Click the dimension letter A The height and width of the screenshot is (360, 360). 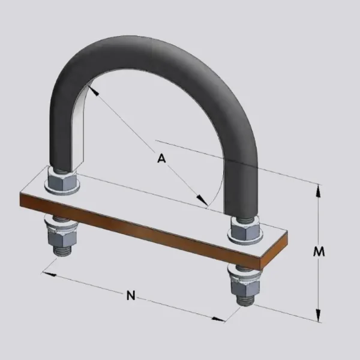pyautogui.click(x=161, y=158)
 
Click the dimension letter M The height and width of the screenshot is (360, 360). pyautogui.click(x=319, y=252)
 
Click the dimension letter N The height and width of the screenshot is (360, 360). pyautogui.click(x=131, y=295)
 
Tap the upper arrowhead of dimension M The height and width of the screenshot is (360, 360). pyautogui.click(x=318, y=191)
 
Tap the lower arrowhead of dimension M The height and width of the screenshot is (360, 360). pyautogui.click(x=318, y=315)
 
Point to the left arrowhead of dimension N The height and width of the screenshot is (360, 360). pyautogui.click(x=49, y=274)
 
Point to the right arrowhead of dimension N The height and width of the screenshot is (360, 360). pyautogui.click(x=218, y=319)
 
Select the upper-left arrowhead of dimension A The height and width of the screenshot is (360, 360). pyautogui.click(x=93, y=90)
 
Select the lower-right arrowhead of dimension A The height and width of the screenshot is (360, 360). pyautogui.click(x=202, y=199)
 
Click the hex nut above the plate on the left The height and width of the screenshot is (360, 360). pyautogui.click(x=62, y=180)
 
